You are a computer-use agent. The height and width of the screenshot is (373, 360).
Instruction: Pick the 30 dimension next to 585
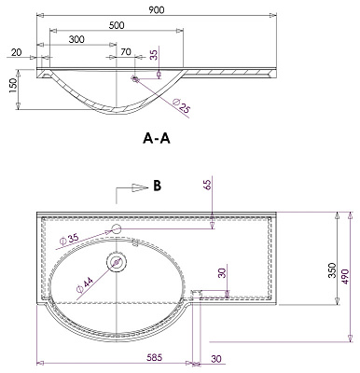(x=216, y=356)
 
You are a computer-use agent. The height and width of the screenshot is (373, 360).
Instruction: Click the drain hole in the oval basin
(x=117, y=262)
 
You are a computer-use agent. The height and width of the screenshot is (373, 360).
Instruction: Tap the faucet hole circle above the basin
(x=117, y=229)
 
